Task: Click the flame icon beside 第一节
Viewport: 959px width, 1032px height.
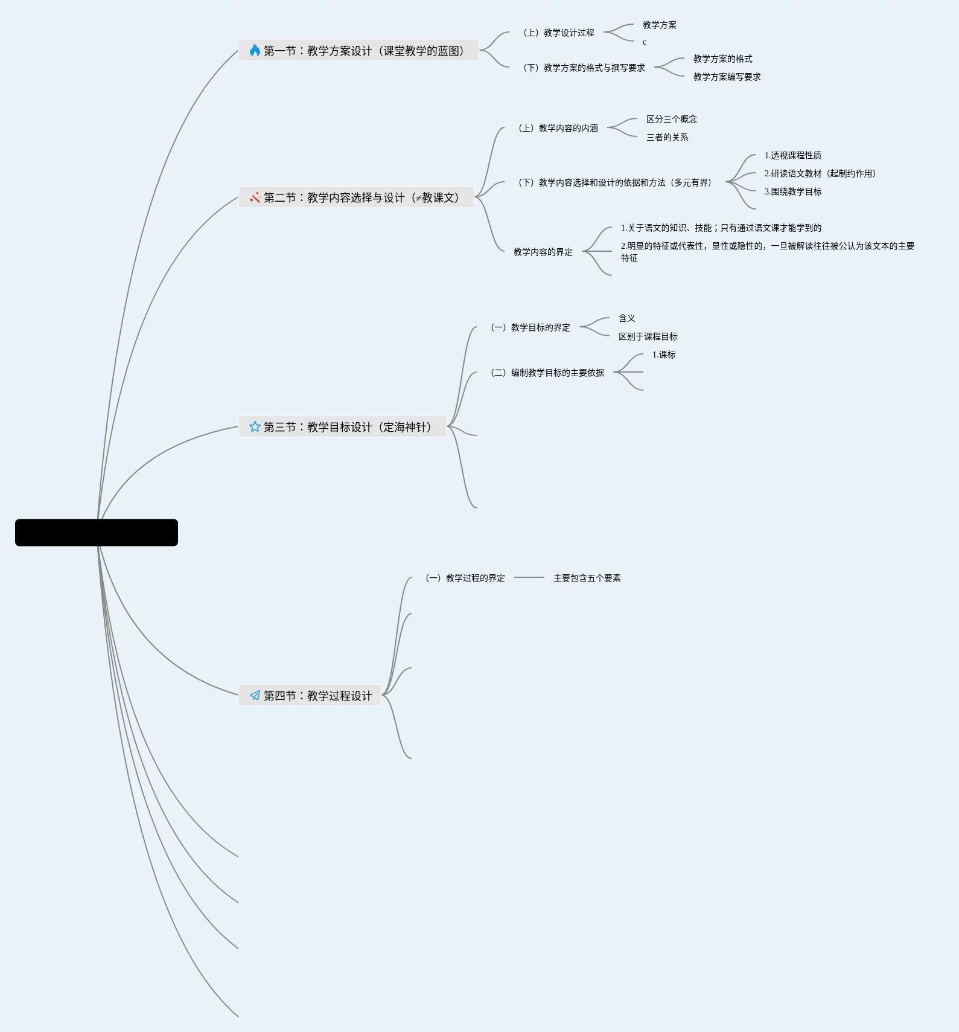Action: pos(255,50)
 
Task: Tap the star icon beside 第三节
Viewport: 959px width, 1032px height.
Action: pos(255,427)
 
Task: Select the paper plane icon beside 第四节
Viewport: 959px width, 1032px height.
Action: pos(255,695)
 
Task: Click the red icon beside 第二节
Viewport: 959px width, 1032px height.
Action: pos(255,197)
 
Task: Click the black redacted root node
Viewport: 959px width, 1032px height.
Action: pos(97,533)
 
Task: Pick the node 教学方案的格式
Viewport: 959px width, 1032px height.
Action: pos(722,59)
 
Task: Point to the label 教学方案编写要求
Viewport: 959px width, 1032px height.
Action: pos(727,77)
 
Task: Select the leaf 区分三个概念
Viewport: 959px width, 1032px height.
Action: pos(671,119)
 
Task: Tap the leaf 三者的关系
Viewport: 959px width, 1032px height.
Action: pos(667,137)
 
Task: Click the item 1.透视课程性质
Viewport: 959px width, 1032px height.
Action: pos(792,155)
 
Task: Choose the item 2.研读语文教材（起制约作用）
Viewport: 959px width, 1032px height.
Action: pos(820,173)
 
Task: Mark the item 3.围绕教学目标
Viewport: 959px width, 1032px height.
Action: pos(792,191)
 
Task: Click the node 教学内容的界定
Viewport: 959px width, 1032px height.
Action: pos(543,252)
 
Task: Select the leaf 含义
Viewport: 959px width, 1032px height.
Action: pos(626,318)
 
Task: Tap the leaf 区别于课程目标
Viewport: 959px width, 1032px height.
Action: pos(648,336)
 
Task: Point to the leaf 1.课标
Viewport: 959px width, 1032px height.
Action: pos(663,354)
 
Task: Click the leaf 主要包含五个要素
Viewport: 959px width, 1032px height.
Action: pos(587,578)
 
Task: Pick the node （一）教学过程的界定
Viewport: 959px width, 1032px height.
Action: pos(465,578)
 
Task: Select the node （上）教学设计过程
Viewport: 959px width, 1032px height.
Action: pos(558,33)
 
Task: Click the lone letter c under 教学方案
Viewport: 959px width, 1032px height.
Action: pos(645,42)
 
